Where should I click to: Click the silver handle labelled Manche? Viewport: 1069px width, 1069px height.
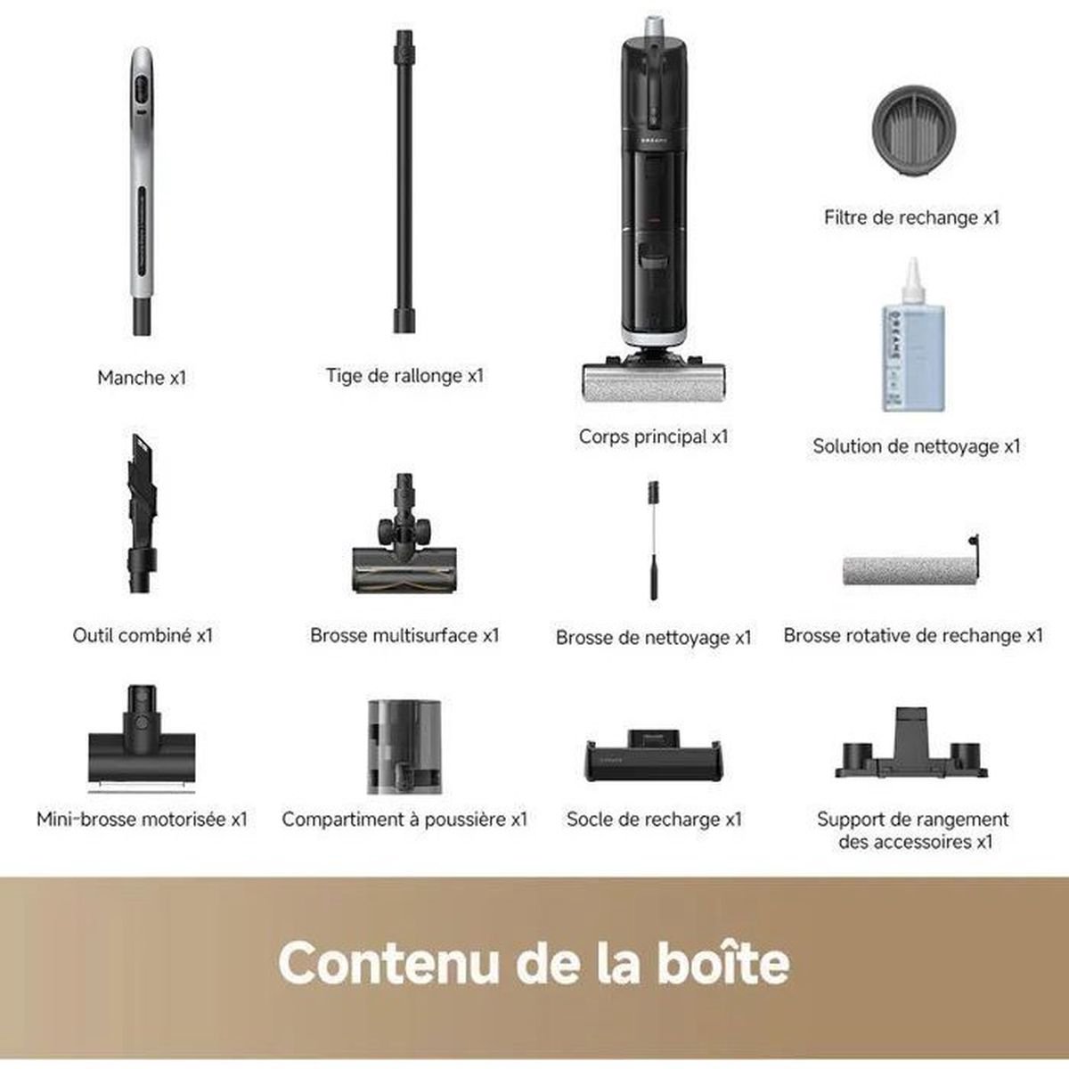point(142,192)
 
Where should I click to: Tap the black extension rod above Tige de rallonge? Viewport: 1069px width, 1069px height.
point(404,182)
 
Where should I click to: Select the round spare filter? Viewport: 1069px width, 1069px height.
point(914,130)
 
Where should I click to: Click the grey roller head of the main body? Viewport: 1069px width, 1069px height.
point(653,383)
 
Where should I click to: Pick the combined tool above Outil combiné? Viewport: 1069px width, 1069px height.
point(141,513)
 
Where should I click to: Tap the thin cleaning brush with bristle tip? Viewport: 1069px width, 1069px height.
point(655,541)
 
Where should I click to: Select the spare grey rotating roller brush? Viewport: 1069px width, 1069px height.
point(911,567)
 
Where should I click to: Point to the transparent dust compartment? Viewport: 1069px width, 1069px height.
point(404,747)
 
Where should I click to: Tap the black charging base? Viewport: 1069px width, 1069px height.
point(654,756)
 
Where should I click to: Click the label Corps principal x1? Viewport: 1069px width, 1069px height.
point(654,437)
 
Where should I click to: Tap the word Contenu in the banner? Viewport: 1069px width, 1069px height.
point(387,964)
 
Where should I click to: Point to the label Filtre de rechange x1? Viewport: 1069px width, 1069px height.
point(911,217)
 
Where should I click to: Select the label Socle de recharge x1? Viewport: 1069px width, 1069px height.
point(654,820)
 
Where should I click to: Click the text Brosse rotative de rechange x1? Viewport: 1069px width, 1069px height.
point(913,635)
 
